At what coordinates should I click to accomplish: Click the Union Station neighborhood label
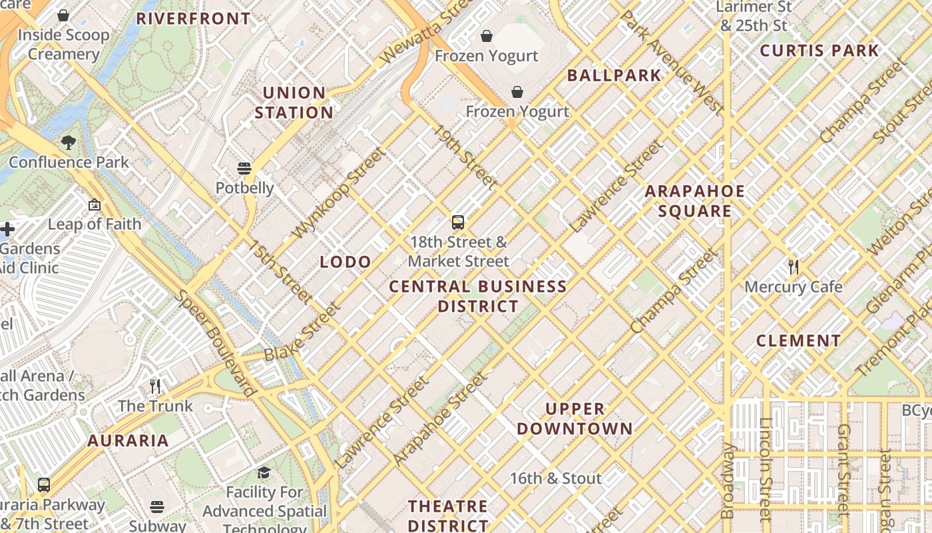click(294, 103)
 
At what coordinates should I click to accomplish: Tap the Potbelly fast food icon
click(244, 168)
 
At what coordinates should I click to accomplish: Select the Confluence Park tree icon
click(68, 142)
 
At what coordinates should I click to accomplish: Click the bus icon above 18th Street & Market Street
click(458, 223)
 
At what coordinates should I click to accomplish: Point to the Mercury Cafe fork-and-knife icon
click(793, 267)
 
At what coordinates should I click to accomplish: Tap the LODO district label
click(345, 262)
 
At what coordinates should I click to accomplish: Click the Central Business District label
click(478, 296)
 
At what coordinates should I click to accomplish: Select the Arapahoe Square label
click(695, 201)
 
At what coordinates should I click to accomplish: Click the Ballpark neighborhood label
click(614, 75)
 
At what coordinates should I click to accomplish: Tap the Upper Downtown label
click(575, 418)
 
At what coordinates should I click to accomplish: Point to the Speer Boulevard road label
click(216, 343)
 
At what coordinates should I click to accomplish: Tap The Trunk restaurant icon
click(155, 386)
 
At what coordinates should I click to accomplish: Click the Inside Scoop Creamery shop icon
click(63, 15)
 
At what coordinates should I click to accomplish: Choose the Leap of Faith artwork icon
click(94, 205)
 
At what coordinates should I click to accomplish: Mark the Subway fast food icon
click(157, 507)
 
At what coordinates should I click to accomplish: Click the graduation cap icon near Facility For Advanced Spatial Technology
click(264, 473)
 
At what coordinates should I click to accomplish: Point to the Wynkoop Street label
click(340, 193)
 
